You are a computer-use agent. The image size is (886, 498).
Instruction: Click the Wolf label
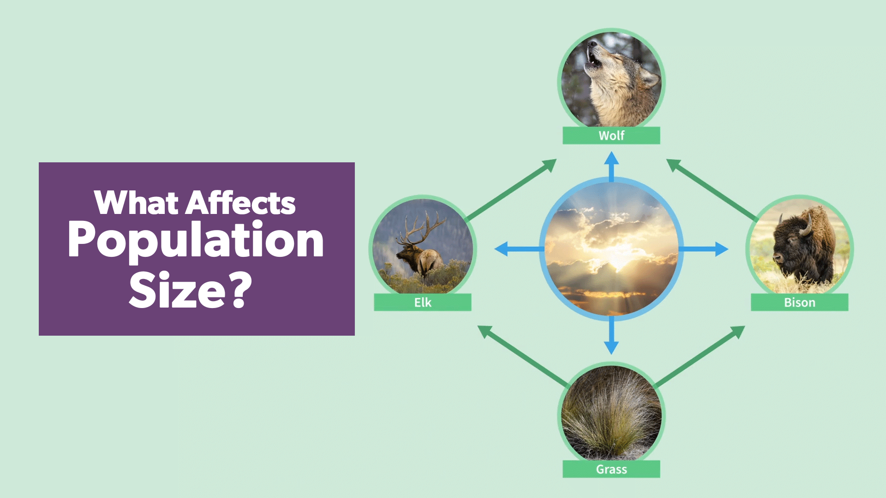click(611, 136)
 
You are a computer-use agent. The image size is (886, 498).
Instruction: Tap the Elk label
click(422, 302)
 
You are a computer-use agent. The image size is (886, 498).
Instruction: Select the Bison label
click(799, 302)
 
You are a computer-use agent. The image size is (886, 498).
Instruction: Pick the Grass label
click(611, 469)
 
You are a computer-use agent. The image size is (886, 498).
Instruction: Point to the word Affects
click(240, 203)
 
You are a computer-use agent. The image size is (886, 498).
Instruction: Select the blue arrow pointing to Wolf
click(611, 166)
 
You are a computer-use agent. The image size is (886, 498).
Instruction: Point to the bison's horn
click(807, 226)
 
